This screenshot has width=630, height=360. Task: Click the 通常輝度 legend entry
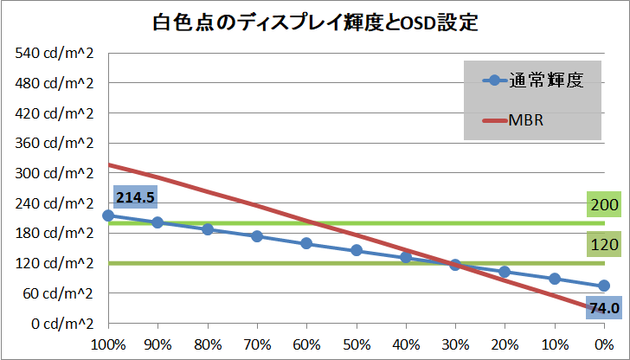[531, 81]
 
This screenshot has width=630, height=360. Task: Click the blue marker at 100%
[108, 215]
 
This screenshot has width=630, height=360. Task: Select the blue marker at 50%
[356, 250]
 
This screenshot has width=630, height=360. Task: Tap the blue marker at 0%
[604, 286]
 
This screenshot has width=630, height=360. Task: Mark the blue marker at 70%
[257, 235]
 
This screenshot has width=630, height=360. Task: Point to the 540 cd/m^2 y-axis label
[55, 54]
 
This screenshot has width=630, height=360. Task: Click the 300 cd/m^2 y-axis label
[55, 173]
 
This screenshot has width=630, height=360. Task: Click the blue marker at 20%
[505, 271]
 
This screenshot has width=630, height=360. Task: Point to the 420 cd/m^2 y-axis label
[55, 113]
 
